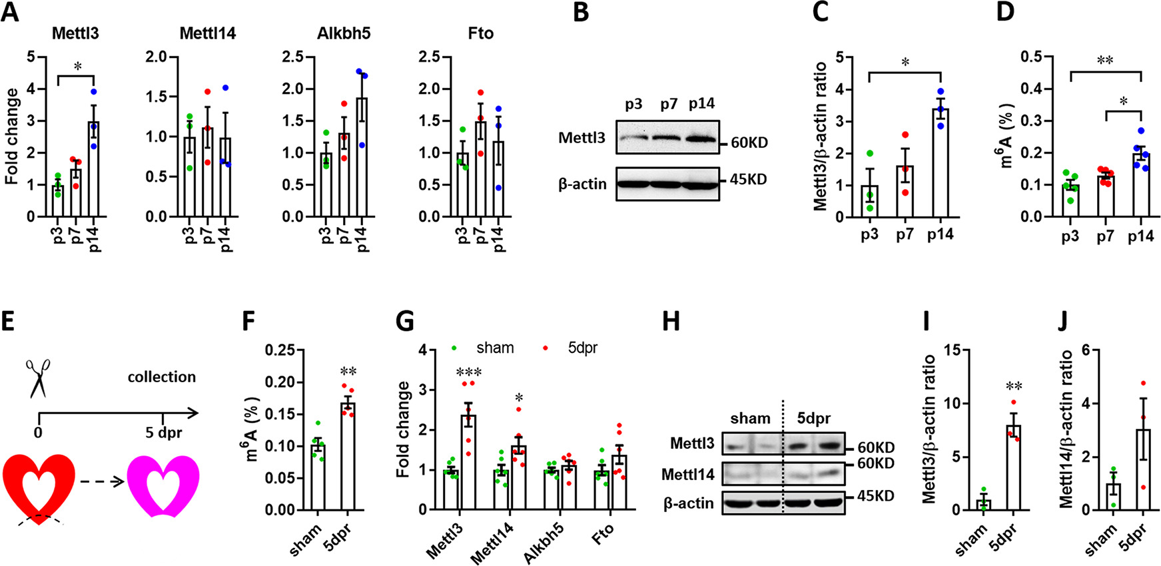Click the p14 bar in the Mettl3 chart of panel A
94,169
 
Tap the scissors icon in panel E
38,378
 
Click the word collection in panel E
162,377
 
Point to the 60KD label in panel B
749,142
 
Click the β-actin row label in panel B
582,183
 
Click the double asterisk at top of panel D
1105,61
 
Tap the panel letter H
672,322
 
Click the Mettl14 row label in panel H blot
688,475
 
